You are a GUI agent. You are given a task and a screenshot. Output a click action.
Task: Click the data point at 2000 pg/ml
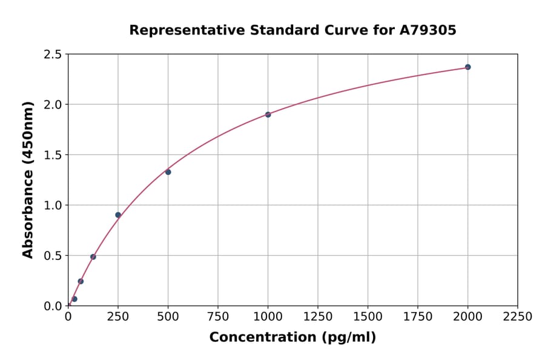point(467,67)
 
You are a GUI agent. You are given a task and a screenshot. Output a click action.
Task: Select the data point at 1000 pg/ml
point(268,115)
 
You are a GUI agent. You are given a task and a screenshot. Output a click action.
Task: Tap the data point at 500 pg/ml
point(168,172)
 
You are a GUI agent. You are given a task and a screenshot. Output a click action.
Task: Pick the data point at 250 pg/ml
point(118,215)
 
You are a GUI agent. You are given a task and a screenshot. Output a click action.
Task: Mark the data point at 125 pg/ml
point(93,257)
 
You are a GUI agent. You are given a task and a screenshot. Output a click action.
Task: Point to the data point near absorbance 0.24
point(81,281)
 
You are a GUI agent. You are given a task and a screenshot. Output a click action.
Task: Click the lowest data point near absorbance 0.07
point(74,299)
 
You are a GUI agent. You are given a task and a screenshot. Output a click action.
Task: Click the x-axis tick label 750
point(218,317)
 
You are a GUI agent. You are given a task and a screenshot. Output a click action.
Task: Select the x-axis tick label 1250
point(318,317)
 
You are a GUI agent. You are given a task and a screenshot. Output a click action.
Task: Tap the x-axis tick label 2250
point(517,317)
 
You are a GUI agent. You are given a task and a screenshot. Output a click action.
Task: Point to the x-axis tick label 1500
point(368,317)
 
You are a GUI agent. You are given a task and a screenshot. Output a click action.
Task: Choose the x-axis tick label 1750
point(418,317)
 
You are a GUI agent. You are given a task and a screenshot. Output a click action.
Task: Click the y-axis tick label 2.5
point(53,55)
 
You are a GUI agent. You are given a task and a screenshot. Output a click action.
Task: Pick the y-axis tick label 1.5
point(53,155)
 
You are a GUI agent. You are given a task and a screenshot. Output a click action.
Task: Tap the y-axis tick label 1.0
point(53,205)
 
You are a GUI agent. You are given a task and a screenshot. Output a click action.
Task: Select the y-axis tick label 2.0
point(53,105)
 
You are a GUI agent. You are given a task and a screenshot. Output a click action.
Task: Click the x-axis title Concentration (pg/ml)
point(292,338)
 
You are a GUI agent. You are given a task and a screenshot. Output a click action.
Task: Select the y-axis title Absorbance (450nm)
point(28,180)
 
